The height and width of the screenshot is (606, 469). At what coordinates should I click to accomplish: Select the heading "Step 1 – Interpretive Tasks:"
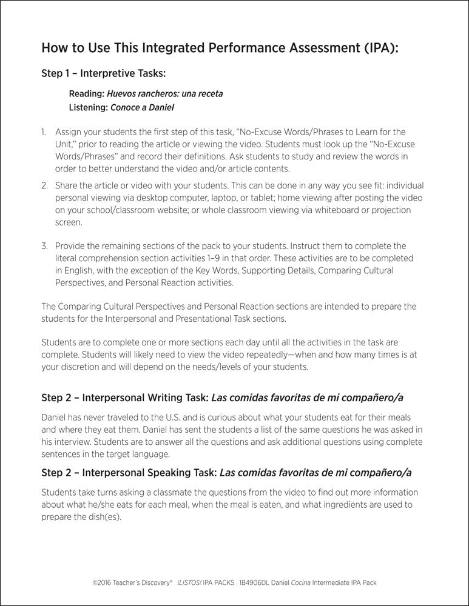(103, 74)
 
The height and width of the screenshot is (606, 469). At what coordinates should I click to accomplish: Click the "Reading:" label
(86, 94)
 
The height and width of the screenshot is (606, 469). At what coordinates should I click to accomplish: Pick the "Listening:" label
(89, 107)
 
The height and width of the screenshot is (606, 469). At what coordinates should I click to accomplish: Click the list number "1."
(44, 132)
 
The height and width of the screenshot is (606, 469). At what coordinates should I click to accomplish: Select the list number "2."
(44, 185)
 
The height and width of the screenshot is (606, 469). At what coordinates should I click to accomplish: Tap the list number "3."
(44, 245)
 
